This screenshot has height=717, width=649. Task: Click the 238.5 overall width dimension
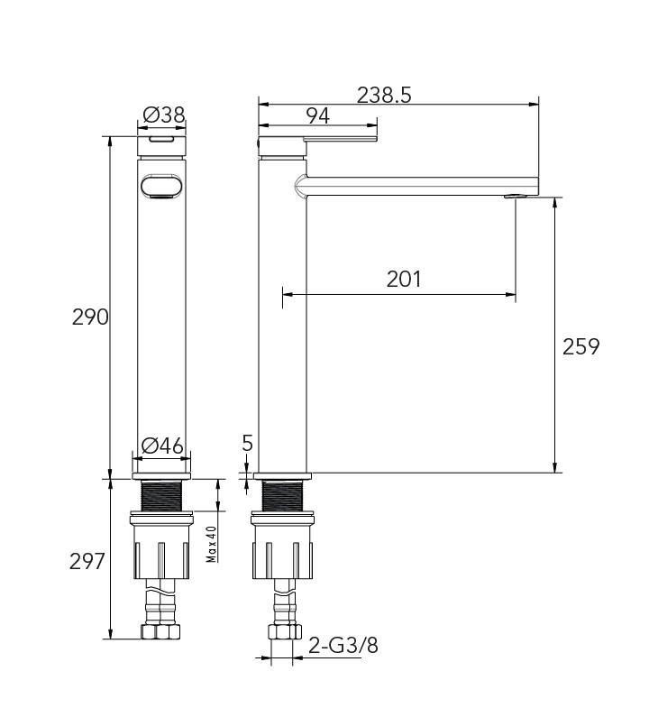pyautogui.click(x=384, y=95)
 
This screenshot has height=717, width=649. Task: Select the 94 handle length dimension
pyautogui.click(x=317, y=115)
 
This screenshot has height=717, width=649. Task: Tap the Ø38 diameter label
pyautogui.click(x=164, y=115)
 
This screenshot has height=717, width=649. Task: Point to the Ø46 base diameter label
pyautogui.click(x=163, y=446)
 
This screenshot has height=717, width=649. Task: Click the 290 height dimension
pyautogui.click(x=90, y=317)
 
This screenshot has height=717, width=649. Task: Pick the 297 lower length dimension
pyautogui.click(x=88, y=561)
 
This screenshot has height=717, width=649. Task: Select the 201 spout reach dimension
pyautogui.click(x=404, y=279)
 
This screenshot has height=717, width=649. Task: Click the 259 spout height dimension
pyautogui.click(x=580, y=346)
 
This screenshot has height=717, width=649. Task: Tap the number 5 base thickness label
pyautogui.click(x=248, y=443)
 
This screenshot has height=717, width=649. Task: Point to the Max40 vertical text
pyautogui.click(x=212, y=544)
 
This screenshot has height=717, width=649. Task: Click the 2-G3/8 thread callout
pyautogui.click(x=343, y=646)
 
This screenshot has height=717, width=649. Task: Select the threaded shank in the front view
pyautogui.click(x=162, y=496)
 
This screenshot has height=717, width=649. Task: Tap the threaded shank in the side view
pyautogui.click(x=283, y=496)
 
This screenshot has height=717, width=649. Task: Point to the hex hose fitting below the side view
pyautogui.click(x=283, y=632)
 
